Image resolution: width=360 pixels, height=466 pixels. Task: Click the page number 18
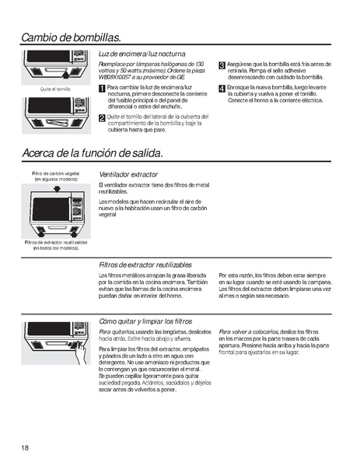click(x=26, y=447)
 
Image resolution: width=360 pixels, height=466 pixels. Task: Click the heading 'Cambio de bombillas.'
click(x=72, y=37)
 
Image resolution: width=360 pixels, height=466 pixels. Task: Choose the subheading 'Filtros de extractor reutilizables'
click(x=145, y=265)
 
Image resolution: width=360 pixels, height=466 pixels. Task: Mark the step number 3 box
click(x=222, y=65)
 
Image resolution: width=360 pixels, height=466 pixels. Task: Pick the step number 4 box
click(x=222, y=88)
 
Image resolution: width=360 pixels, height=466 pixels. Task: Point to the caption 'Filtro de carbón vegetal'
click(x=56, y=173)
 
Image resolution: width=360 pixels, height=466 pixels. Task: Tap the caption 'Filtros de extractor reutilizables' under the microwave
click(x=56, y=242)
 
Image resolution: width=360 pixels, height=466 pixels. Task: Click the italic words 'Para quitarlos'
click(x=117, y=331)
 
